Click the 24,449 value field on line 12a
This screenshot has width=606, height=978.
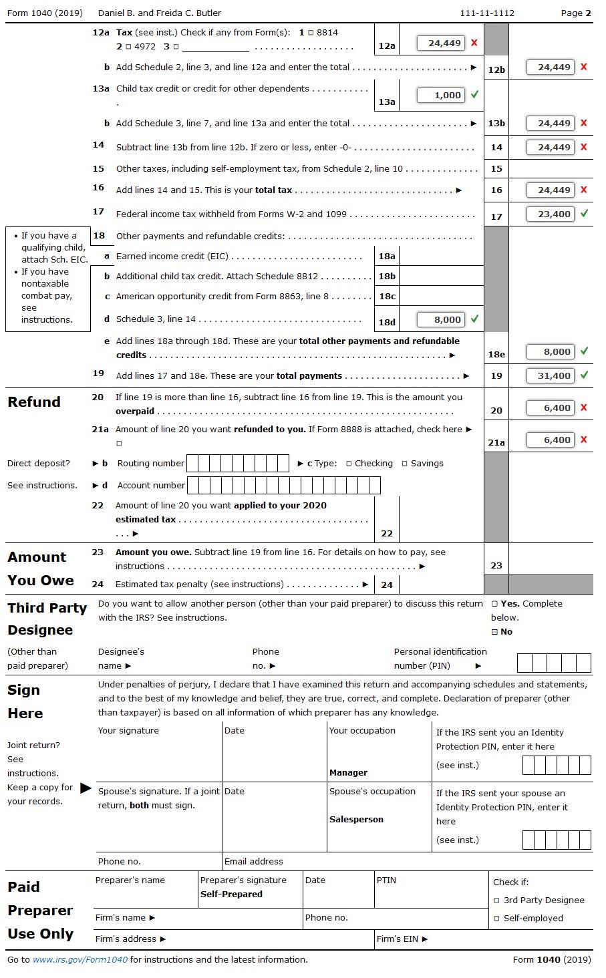point(440,43)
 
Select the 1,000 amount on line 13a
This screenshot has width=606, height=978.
point(440,96)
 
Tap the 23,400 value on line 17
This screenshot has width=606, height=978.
point(550,214)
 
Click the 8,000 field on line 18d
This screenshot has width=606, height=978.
point(440,320)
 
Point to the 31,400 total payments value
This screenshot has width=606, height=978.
point(550,376)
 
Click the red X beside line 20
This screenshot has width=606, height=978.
point(584,407)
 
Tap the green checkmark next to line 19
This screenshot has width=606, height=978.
point(584,375)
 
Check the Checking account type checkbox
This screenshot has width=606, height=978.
point(349,464)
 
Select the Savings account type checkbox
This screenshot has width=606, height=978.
point(404,464)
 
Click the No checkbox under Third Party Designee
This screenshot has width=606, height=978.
point(494,632)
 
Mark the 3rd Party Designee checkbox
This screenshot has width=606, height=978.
point(496,901)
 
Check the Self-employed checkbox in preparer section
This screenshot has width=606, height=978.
point(496,919)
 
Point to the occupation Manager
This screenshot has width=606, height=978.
point(348,773)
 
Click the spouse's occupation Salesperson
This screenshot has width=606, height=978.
point(356,820)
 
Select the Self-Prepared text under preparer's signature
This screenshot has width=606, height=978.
point(231,894)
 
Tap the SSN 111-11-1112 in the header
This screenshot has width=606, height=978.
point(487,13)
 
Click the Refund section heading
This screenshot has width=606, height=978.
point(34,402)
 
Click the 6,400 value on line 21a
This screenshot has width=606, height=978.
point(550,440)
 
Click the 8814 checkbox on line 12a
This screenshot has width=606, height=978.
point(311,33)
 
